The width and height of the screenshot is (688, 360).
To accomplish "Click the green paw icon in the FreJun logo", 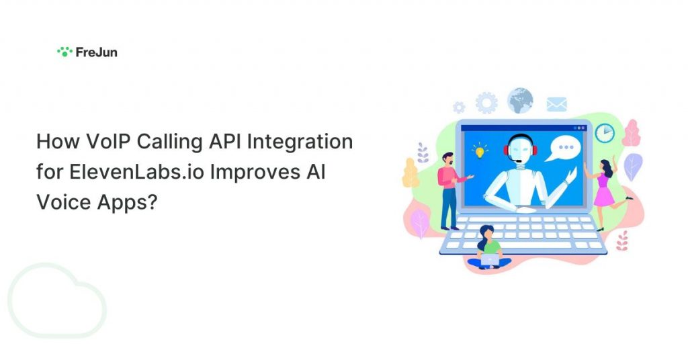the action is (64, 52).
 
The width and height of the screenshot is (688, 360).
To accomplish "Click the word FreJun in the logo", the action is (97, 52).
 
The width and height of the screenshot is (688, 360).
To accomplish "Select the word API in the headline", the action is (224, 142).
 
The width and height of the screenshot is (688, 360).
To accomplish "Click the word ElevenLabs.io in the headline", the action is (136, 172).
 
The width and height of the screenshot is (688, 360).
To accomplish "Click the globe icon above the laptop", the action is (521, 101).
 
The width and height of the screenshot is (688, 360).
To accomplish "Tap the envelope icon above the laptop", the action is (557, 104).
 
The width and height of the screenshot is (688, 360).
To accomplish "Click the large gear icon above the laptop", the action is (486, 103).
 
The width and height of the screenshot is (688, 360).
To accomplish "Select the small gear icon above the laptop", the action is (459, 107).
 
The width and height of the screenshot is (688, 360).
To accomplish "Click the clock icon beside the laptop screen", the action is (605, 132).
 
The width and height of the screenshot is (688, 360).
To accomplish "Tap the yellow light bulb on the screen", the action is (480, 150).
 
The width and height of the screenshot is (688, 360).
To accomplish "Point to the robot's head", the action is (521, 149).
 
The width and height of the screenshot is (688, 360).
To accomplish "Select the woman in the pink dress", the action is (606, 193).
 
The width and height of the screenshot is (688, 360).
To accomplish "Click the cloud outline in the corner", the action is (57, 300).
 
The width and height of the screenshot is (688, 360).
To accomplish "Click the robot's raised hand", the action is (571, 175).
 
